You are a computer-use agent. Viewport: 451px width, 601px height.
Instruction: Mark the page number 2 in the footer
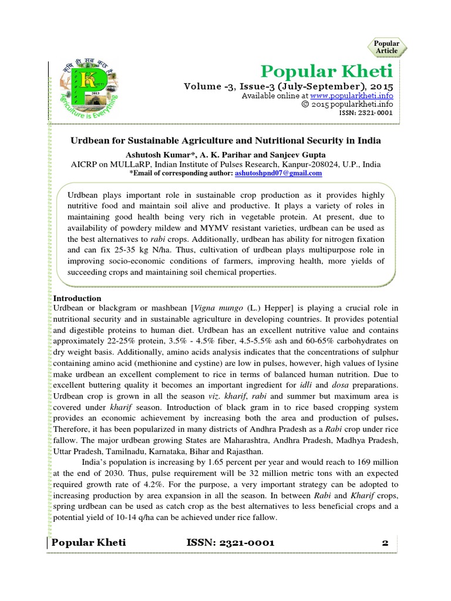tap(385, 543)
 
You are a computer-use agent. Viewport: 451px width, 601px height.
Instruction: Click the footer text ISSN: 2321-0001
tap(230, 543)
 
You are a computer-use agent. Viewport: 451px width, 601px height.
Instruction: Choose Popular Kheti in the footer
tap(89, 543)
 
